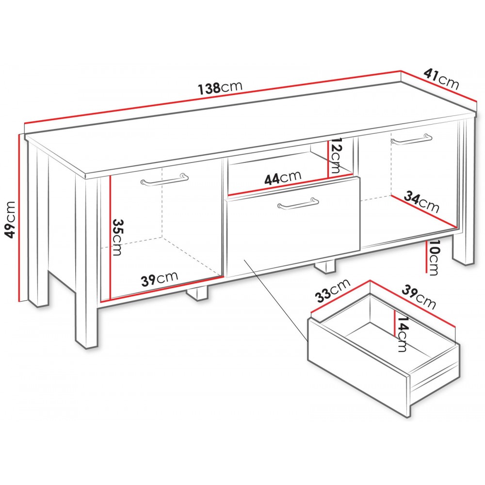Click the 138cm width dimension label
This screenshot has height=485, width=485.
[220, 87]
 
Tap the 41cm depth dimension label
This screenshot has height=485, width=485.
[441, 80]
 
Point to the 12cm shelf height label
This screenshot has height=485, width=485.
[335, 156]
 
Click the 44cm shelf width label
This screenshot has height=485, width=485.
[282, 178]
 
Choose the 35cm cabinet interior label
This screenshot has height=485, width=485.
[117, 237]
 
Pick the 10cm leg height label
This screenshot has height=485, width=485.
[433, 258]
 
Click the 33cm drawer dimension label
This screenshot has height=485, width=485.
[333, 290]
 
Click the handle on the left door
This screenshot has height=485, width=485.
[164, 180]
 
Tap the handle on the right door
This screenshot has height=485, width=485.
[411, 139]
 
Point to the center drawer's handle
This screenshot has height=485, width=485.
[298, 203]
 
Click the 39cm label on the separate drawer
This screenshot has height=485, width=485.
[419, 298]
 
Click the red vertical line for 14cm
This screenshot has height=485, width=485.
[394, 323]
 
